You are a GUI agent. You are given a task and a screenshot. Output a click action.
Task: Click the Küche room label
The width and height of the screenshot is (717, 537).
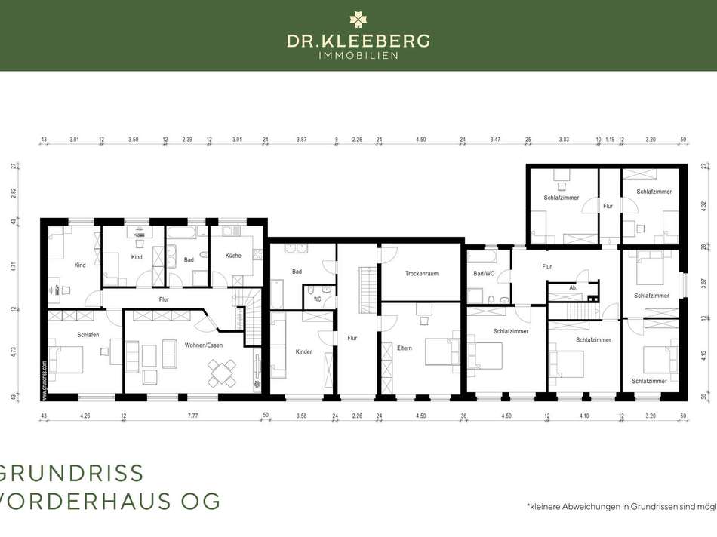(232, 256)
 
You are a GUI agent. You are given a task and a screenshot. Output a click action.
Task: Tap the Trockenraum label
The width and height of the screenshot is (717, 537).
(421, 273)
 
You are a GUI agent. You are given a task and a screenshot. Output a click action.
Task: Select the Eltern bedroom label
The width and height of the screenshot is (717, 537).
(405, 348)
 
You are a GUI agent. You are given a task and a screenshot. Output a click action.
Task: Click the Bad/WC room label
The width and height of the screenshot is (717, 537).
(483, 273)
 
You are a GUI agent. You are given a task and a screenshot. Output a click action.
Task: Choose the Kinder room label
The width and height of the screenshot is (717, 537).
(303, 351)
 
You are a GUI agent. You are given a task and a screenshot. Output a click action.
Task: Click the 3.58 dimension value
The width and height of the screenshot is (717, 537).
(301, 416)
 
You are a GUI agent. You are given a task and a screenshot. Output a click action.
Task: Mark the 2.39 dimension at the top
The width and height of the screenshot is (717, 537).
(187, 140)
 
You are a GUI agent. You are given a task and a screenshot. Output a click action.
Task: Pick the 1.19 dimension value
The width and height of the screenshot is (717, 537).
(610, 140)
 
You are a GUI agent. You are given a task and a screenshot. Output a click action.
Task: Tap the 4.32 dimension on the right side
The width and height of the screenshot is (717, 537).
(703, 204)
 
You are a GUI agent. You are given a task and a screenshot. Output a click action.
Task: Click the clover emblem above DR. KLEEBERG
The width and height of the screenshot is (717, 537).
(358, 20)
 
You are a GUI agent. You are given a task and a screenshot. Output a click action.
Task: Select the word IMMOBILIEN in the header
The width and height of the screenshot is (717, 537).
(358, 55)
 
